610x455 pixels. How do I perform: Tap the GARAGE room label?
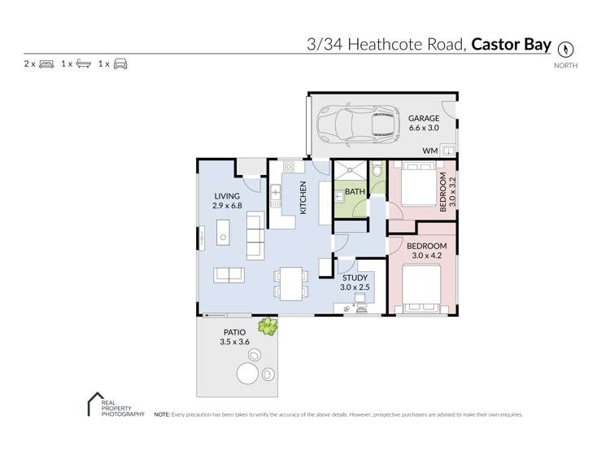(x=424, y=118)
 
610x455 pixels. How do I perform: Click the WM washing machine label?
(x=429, y=151)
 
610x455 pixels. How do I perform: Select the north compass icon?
(x=566, y=47)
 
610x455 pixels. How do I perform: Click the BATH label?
(x=355, y=192)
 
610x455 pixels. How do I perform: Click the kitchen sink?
(x=275, y=196)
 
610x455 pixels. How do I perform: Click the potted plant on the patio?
(x=267, y=327)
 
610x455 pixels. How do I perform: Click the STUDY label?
(x=355, y=278)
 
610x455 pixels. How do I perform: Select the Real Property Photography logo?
(x=115, y=406)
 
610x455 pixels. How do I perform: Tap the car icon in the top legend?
(x=120, y=63)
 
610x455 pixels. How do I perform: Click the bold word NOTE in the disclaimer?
(x=161, y=415)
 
